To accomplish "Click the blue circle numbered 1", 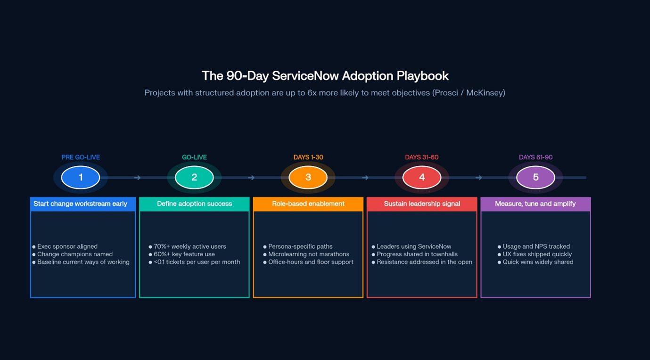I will click(81, 178).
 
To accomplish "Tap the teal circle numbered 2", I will click(194, 178).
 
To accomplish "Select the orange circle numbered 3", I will click(308, 178).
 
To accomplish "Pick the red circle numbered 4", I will click(422, 178).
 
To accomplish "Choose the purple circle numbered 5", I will click(535, 178).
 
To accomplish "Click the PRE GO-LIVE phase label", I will click(81, 157).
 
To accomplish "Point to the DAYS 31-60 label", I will click(422, 157).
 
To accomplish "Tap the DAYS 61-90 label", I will click(535, 157).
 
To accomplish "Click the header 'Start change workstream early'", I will click(81, 204).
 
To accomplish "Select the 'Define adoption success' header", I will click(194, 204).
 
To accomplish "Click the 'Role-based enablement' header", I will click(308, 204).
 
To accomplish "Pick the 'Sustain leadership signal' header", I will click(422, 204).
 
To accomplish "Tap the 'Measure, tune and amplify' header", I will click(535, 204).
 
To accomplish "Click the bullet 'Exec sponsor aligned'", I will click(67, 246).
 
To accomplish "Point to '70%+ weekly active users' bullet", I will click(189, 246).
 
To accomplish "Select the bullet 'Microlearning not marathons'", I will click(309, 254).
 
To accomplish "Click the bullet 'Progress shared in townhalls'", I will click(417, 254).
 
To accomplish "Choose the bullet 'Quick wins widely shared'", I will click(538, 262).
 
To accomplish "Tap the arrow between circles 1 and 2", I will click(137, 178).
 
